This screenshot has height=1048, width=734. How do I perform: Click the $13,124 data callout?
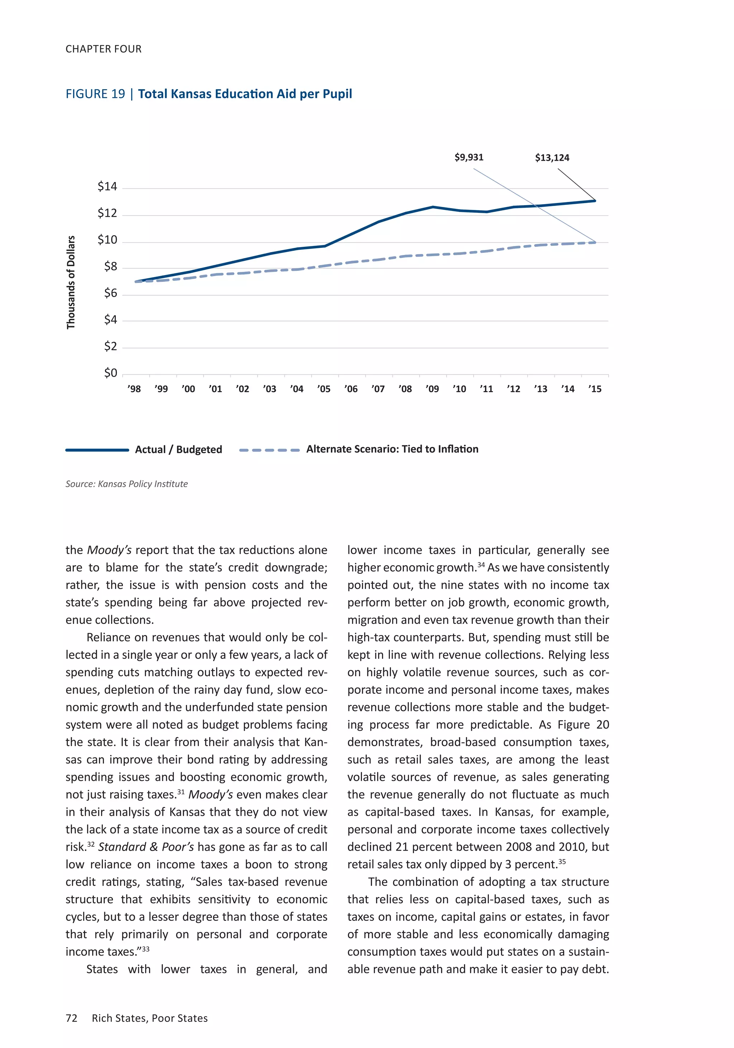click(x=552, y=158)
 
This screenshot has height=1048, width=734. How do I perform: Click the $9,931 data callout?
click(x=469, y=158)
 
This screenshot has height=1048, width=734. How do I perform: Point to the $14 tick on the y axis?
click(x=107, y=187)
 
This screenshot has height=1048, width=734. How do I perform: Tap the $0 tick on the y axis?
click(x=110, y=373)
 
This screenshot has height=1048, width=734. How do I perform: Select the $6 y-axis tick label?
click(x=110, y=293)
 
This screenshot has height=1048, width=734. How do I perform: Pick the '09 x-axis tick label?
click(x=432, y=389)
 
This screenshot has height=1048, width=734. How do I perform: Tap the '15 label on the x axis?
click(x=595, y=389)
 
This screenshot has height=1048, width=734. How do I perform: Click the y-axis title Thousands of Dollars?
click(x=71, y=282)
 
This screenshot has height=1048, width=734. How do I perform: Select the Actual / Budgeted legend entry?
click(x=178, y=450)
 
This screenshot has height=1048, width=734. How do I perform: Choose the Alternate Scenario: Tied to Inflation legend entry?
click(x=392, y=449)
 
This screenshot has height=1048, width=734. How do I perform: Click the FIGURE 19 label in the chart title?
click(x=95, y=94)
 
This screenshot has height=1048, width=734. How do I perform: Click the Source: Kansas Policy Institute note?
click(x=127, y=484)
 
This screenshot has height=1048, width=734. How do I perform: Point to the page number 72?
click(x=72, y=1018)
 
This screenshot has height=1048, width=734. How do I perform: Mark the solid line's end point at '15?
click(x=595, y=201)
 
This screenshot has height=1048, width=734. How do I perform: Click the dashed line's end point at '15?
click(x=595, y=242)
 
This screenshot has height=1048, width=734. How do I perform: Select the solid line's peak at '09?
click(x=433, y=207)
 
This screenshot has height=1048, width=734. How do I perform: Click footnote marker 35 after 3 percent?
click(x=562, y=861)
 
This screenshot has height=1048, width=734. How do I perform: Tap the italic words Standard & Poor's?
click(x=146, y=847)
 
